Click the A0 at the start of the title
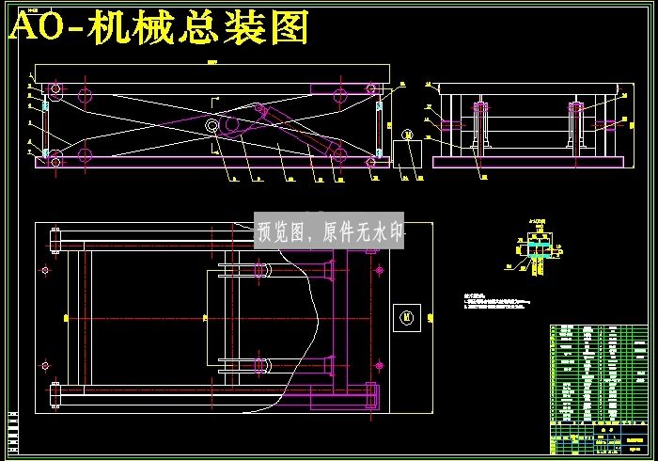tap(36, 28)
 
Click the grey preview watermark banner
tap(330, 230)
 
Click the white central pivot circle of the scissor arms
tap(212, 125)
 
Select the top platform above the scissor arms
tap(211, 73)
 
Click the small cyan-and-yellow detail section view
tap(537, 251)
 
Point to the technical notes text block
tap(498, 300)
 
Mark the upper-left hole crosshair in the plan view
tap(44, 271)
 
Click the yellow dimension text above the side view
tap(211, 60)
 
